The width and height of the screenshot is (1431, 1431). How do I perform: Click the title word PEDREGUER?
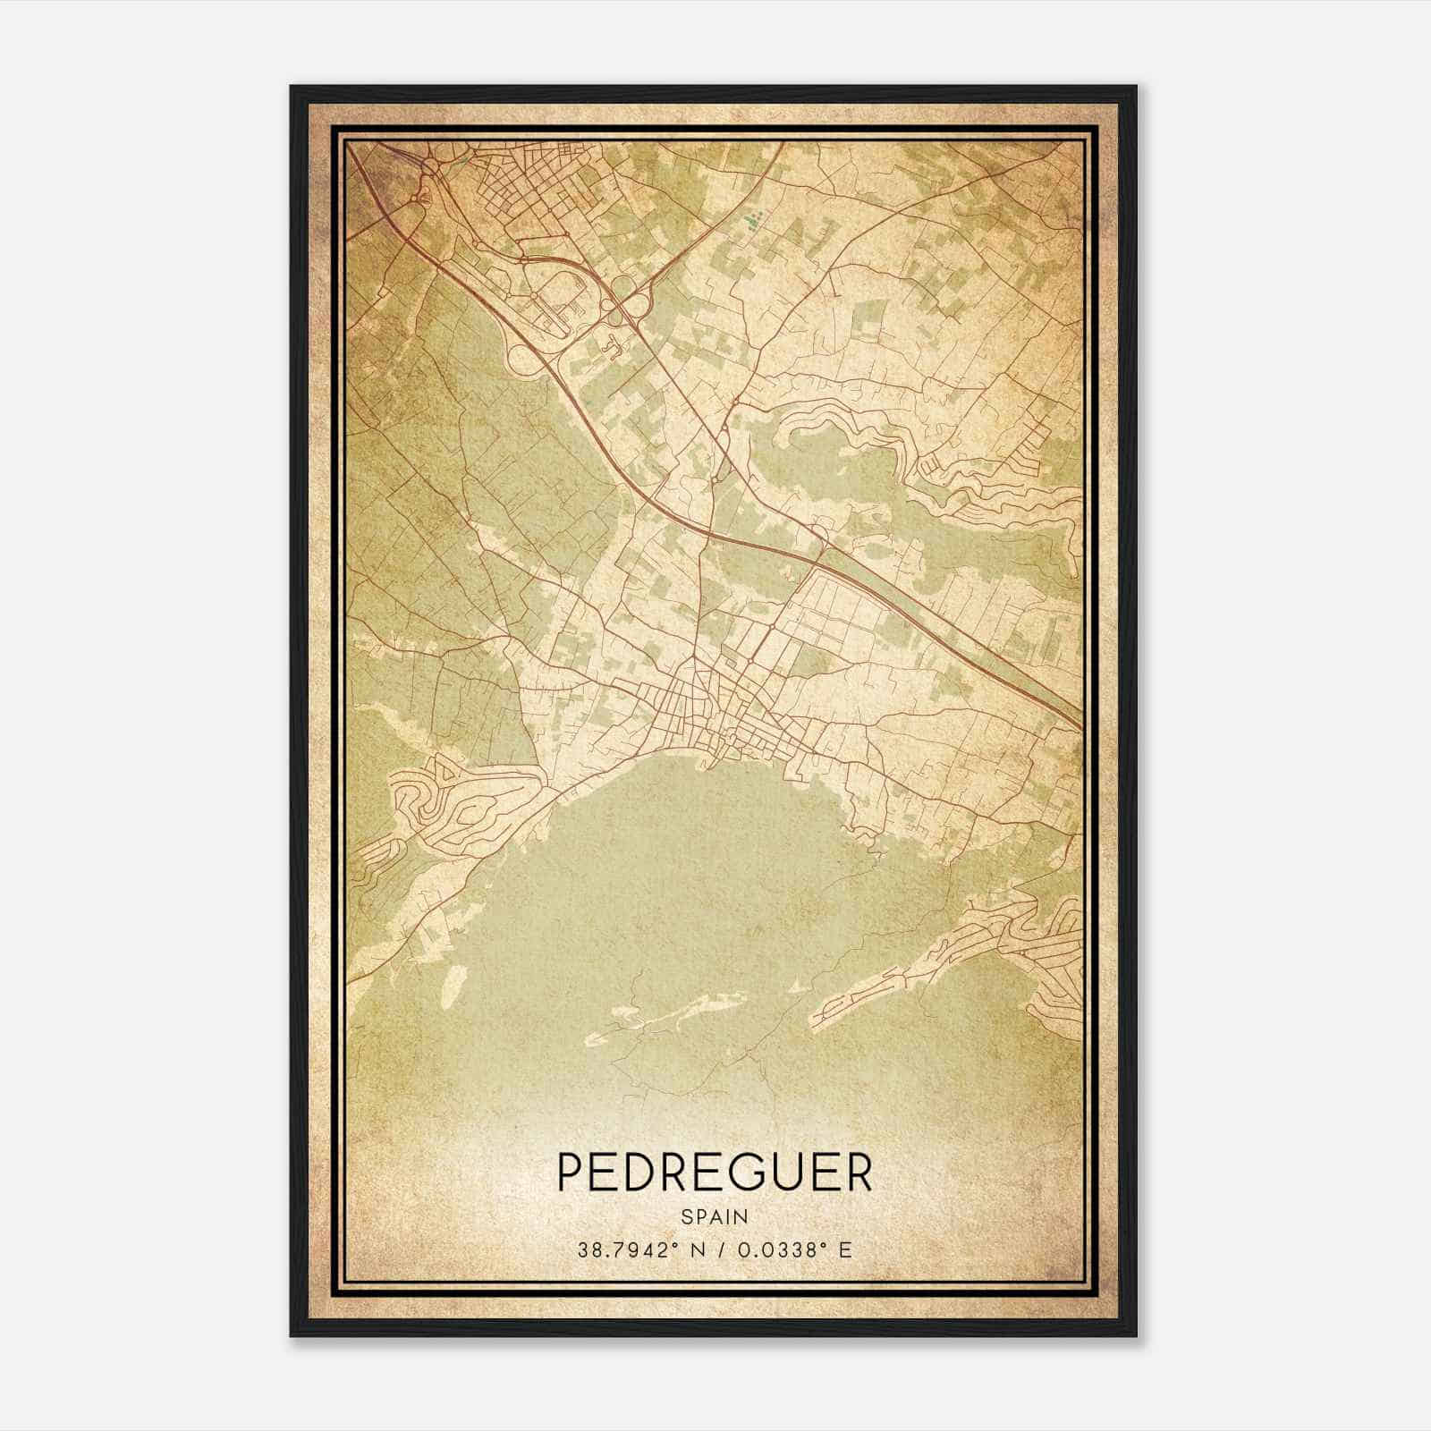(715, 1172)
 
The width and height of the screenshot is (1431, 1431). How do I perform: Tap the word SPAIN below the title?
(715, 1216)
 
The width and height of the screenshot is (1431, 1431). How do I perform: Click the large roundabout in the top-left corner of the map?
(428, 167)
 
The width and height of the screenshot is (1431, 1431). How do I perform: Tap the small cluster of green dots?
(751, 217)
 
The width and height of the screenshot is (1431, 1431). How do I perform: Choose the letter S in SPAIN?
(686, 1216)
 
